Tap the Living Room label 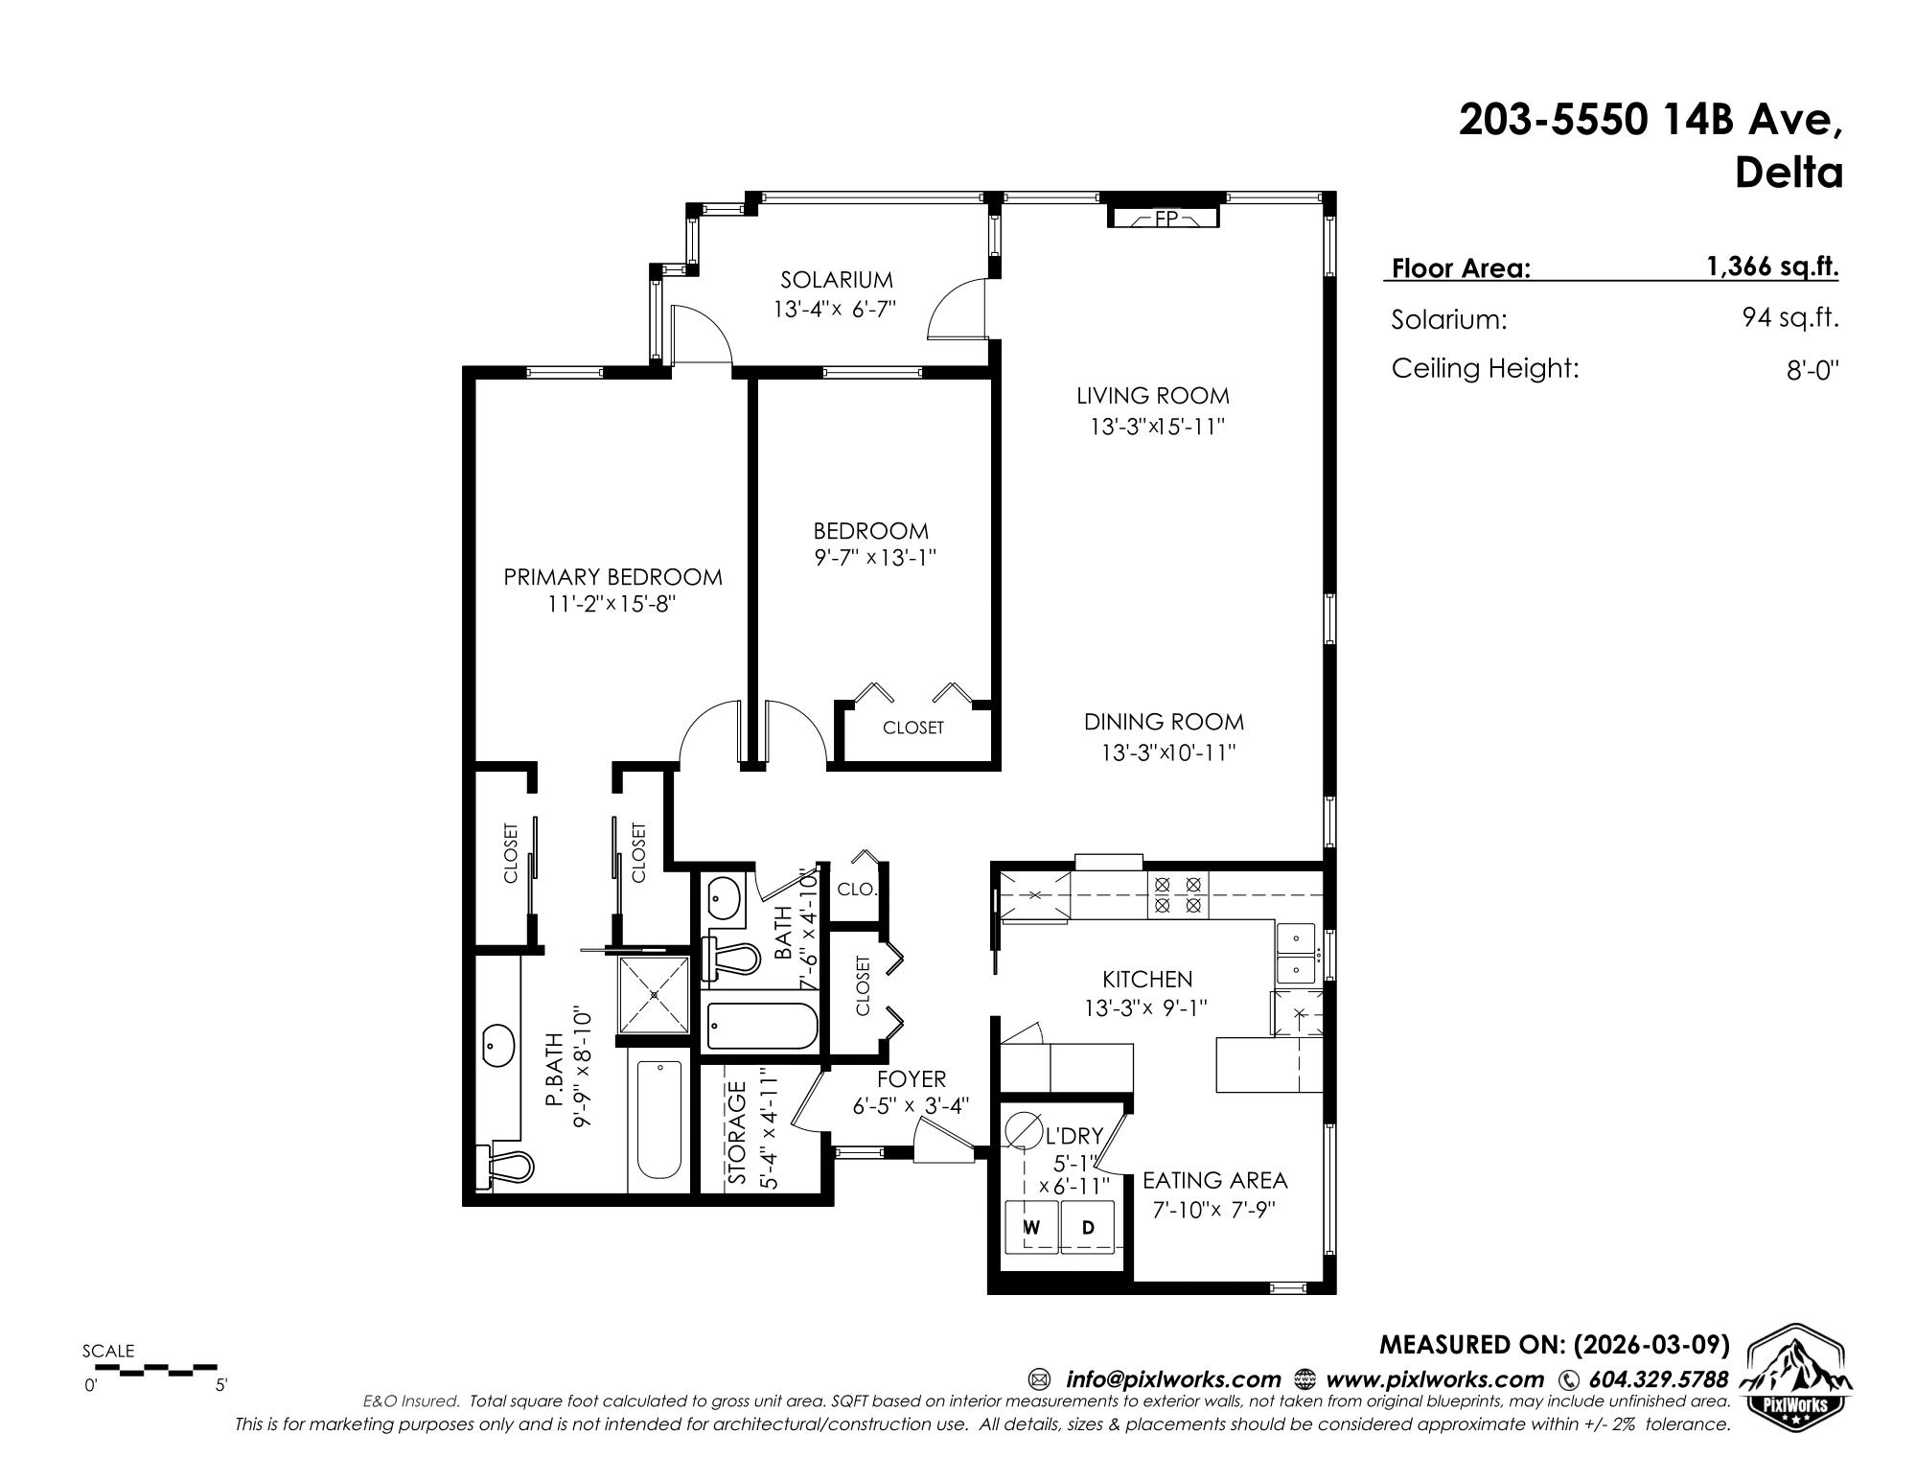pyautogui.click(x=1152, y=395)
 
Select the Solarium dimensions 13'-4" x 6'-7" pyautogui.click(x=835, y=310)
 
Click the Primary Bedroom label pyautogui.click(x=613, y=577)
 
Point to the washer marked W pyautogui.click(x=1031, y=1227)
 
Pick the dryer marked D pyautogui.click(x=1088, y=1227)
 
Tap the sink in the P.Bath pyautogui.click(x=498, y=1045)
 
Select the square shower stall pyautogui.click(x=654, y=995)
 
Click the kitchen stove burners pyautogui.click(x=1178, y=894)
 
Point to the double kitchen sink pyautogui.click(x=1297, y=953)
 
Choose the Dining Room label pyautogui.click(x=1165, y=722)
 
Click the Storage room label pyautogui.click(x=737, y=1134)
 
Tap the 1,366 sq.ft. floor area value pyautogui.click(x=1772, y=266)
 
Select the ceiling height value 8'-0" pyautogui.click(x=1812, y=370)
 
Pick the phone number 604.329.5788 pyautogui.click(x=1658, y=1379)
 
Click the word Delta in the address pyautogui.click(x=1789, y=174)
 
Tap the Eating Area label pyautogui.click(x=1215, y=1180)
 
